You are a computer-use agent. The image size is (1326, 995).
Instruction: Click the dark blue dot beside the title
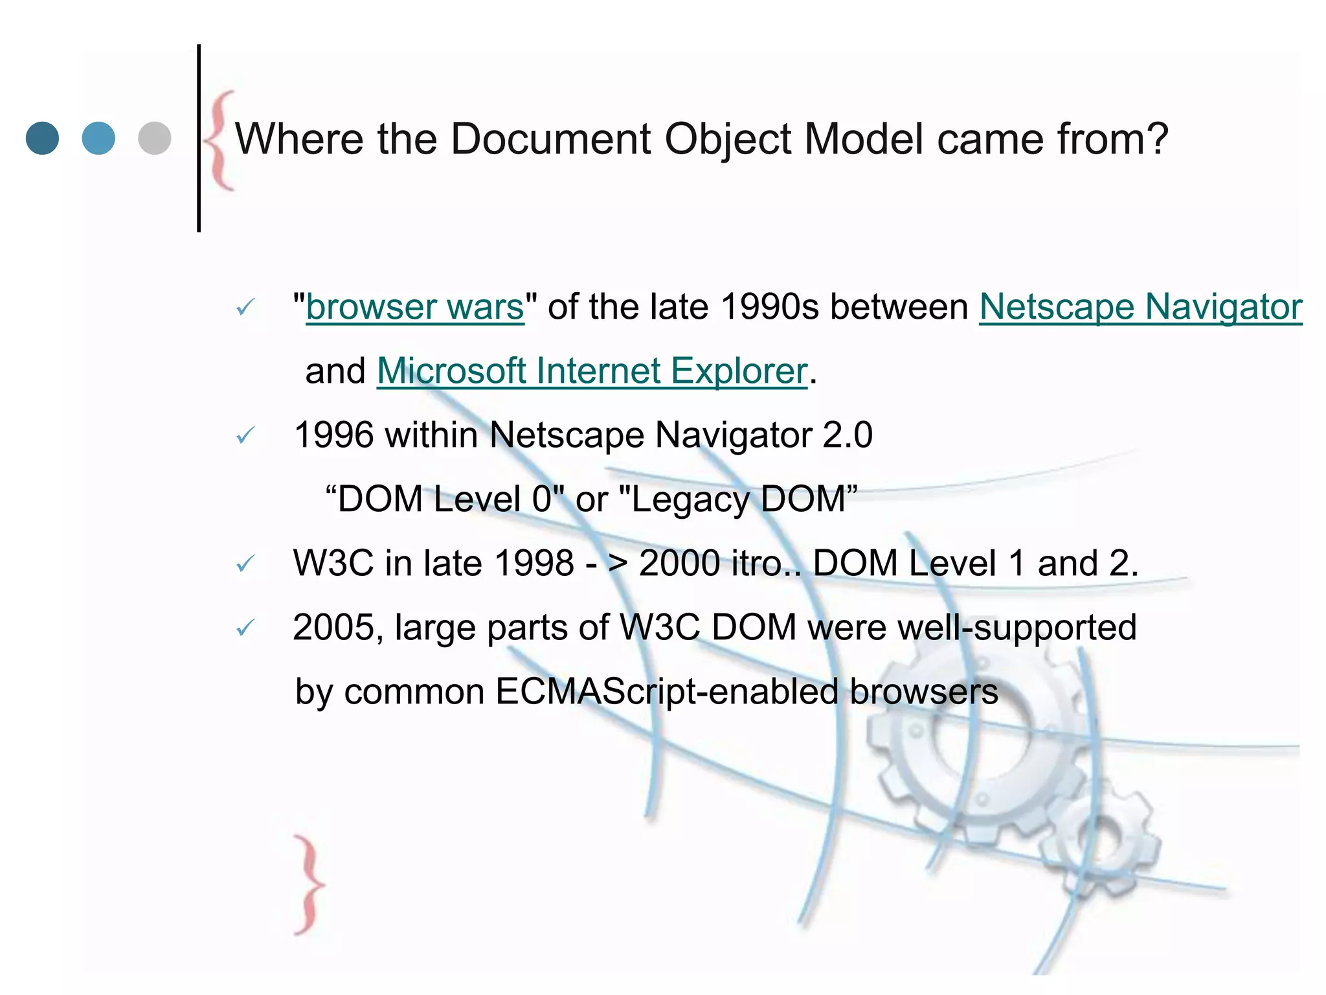[x=42, y=138]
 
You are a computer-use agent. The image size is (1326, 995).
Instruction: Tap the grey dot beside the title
[x=155, y=138]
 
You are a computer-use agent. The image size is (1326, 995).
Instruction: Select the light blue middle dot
[x=98, y=138]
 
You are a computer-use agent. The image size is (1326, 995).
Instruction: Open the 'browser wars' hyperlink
[x=414, y=307]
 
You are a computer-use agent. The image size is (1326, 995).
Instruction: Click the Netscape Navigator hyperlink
[x=1140, y=307]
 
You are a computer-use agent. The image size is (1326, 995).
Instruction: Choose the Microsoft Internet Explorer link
[x=592, y=371]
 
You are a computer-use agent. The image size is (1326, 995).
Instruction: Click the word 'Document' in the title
[x=550, y=139]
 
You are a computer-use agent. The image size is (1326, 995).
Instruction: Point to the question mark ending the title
[x=1156, y=139]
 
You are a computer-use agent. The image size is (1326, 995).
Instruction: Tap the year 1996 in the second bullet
[x=333, y=435]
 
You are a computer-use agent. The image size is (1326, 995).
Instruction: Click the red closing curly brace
[x=309, y=884]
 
